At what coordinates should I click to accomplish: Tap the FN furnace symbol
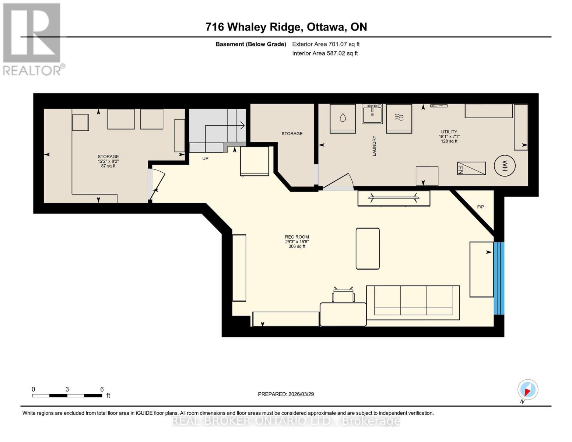[x=471, y=168]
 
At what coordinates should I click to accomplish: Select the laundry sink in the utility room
[x=372, y=114]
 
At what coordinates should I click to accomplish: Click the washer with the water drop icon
[x=343, y=118]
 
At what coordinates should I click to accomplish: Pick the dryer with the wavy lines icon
[x=399, y=118]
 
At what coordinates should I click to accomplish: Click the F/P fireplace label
[x=480, y=207]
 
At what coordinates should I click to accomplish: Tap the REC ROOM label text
[x=297, y=237]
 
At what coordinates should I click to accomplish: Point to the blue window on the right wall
[x=499, y=278]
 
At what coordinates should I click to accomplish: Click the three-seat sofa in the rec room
[x=413, y=302]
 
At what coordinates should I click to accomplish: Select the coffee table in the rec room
[x=368, y=249]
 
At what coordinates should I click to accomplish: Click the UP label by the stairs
[x=205, y=159]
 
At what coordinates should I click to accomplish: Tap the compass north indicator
[x=527, y=390]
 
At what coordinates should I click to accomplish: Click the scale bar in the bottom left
[x=67, y=396]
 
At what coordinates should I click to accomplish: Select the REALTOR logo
[x=32, y=39]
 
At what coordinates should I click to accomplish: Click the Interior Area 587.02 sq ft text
[x=325, y=53]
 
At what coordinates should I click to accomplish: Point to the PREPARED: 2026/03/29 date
[x=286, y=394]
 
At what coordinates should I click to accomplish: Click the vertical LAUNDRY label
[x=374, y=146]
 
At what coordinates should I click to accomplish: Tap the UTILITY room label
[x=449, y=132]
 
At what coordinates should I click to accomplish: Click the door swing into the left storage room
[x=157, y=184]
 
